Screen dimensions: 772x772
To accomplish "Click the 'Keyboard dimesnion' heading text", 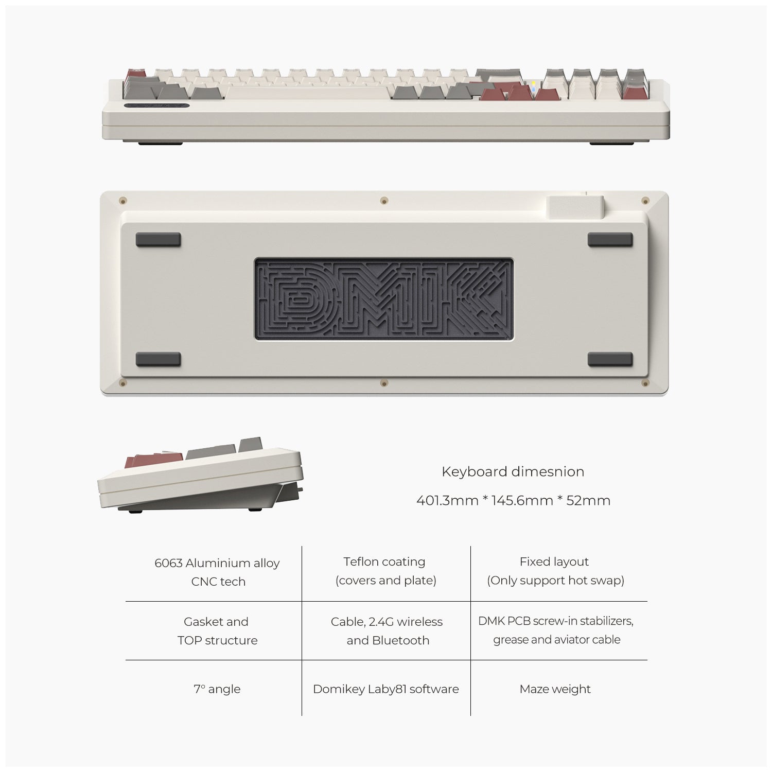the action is tap(513, 471).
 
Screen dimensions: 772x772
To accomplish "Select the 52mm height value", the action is tap(588, 500).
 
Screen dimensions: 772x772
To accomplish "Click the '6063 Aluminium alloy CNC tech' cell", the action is tap(217, 572).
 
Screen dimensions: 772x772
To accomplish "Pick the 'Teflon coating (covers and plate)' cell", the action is tap(385, 571).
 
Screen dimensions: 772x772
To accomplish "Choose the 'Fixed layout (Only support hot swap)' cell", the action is tap(555, 571).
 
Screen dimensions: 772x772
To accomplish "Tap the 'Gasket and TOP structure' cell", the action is tap(217, 630).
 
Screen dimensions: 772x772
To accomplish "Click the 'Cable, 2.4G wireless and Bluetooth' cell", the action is tap(387, 630).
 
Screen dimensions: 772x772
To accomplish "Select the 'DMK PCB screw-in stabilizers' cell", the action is tap(556, 630).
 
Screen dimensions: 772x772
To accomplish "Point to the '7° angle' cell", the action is tap(217, 689).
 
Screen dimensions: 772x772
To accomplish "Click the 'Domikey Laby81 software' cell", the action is tap(386, 689).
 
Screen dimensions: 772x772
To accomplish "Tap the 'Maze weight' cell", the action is tap(555, 689).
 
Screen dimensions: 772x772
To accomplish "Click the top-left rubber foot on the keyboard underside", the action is tap(158, 240).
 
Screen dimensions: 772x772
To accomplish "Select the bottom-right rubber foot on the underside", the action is tap(610, 359).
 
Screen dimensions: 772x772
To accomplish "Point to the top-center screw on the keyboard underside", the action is tap(384, 200).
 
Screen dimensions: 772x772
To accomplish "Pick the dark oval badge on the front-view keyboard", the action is tap(157, 106).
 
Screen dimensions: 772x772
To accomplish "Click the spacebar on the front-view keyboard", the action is tap(307, 93).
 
